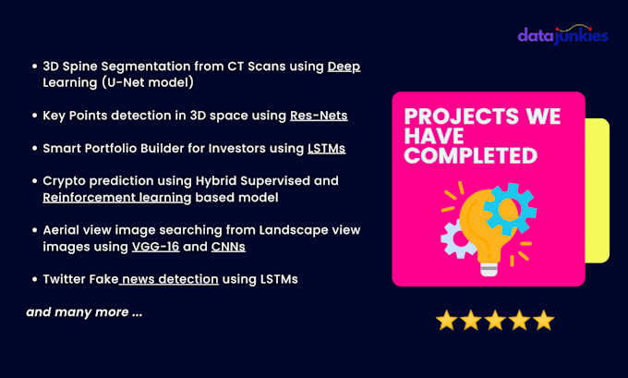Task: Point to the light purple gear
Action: [458, 238]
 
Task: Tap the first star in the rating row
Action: [447, 321]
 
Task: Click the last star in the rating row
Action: [543, 321]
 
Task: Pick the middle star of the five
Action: [495, 321]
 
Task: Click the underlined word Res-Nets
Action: [320, 116]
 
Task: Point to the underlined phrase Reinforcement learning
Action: [117, 197]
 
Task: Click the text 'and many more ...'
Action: [84, 312]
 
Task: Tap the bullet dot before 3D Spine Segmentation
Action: [32, 67]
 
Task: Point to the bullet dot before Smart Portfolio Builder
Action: [32, 148]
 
